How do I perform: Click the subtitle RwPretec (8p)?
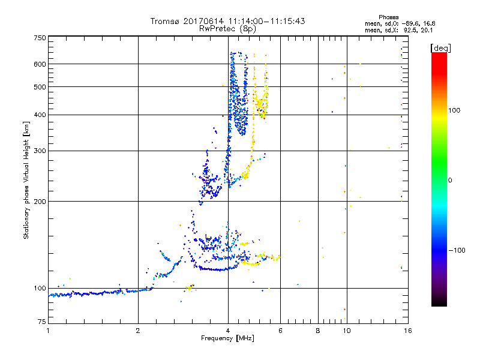228,28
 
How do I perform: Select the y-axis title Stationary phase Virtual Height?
26,180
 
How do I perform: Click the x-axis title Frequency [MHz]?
227,338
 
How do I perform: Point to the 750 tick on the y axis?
40,38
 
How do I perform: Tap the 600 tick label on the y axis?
40,64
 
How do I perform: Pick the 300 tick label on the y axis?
40,151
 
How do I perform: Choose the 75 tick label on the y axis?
41,323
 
